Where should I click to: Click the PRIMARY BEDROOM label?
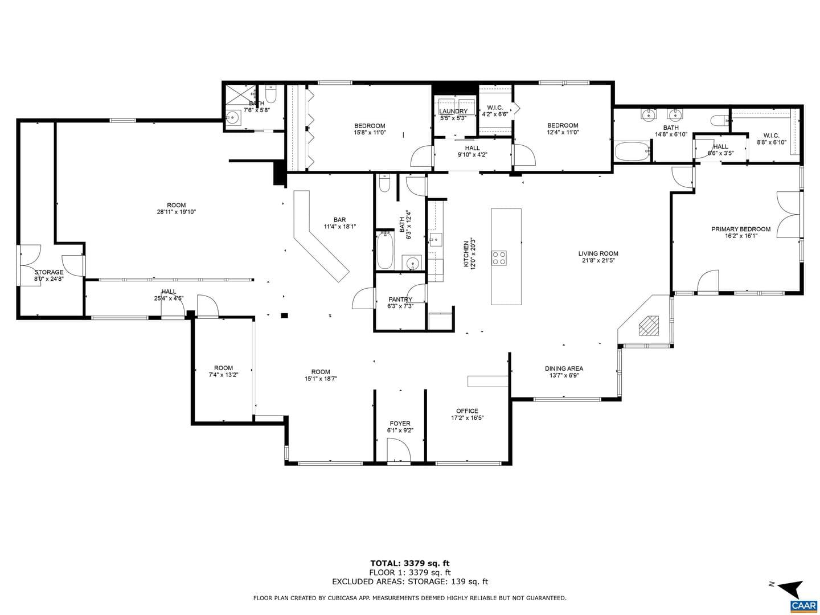point(740,229)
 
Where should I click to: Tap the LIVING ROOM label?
point(598,253)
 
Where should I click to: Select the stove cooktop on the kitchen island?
point(499,257)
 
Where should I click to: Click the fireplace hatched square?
point(649,326)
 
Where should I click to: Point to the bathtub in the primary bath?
point(633,151)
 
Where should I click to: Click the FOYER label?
point(400,424)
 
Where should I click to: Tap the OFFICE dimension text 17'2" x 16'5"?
point(467,418)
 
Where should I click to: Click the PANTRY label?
point(400,299)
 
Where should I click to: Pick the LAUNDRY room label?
point(453,111)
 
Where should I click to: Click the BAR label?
point(339,220)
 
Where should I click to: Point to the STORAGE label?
point(49,272)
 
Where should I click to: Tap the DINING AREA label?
point(564,368)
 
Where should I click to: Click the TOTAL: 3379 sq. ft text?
point(410,563)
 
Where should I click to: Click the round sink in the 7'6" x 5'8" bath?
point(233,118)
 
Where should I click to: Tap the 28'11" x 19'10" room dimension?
point(177,212)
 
